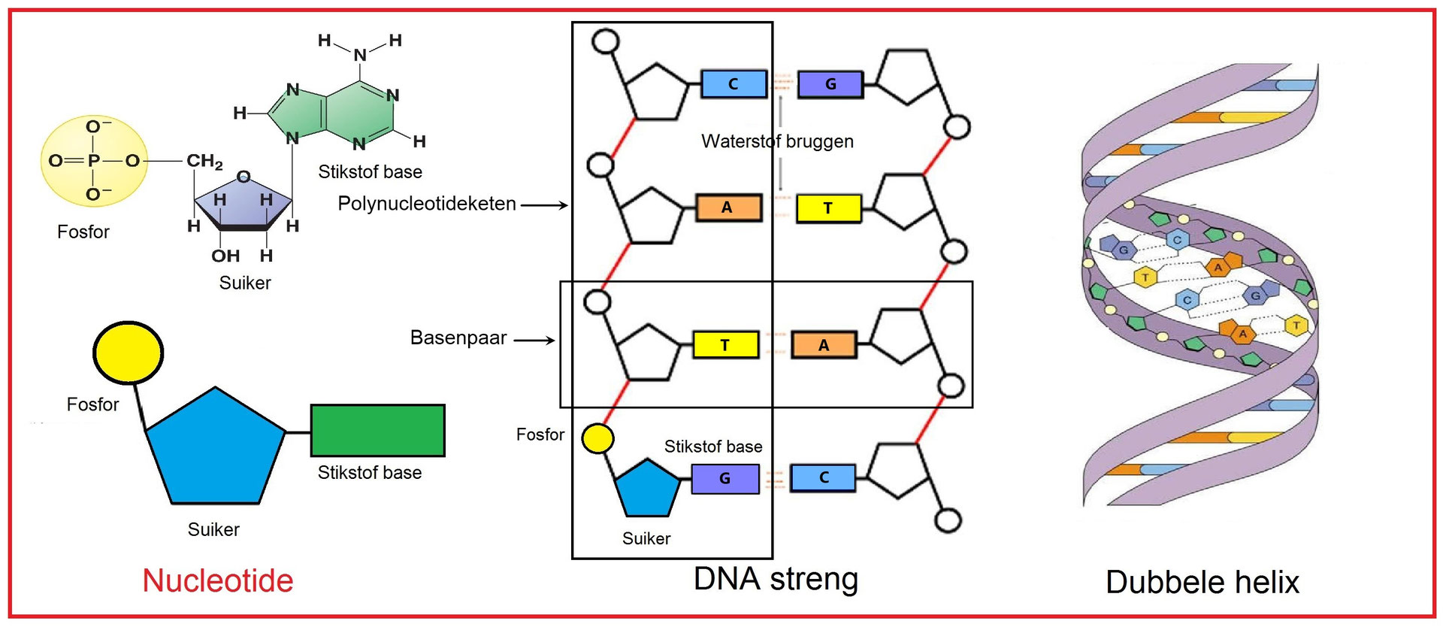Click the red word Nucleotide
coord(217,580)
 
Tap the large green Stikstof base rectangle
coord(377,430)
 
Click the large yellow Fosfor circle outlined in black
coord(128,353)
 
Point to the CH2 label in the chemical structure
coord(204,161)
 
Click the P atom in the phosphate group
coord(93,160)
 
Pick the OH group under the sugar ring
coord(225,256)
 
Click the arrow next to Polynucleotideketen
coord(544,204)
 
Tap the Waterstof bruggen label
coord(777,141)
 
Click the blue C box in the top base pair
coord(734,84)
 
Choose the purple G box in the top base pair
coord(830,84)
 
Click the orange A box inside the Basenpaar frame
coord(824,345)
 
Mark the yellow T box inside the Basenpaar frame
coord(725,345)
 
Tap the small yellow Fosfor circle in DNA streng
coord(598,438)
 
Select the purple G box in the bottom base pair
coord(725,478)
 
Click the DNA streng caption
coord(776,579)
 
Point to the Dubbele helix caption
coord(1202,582)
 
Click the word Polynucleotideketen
coord(427,204)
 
